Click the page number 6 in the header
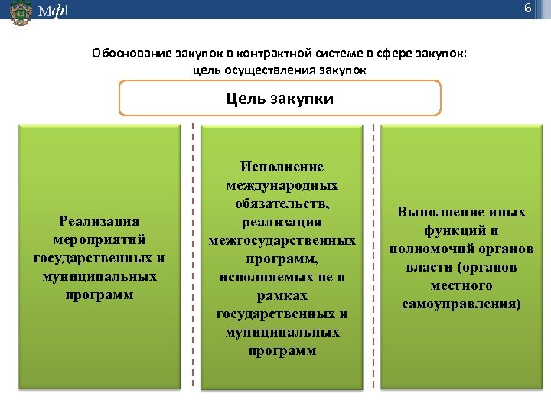[527, 8]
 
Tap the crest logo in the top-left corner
[21, 13]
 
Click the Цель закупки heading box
[280, 99]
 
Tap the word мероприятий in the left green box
[99, 239]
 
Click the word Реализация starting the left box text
[99, 220]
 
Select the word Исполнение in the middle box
[282, 167]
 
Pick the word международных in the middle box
[282, 185]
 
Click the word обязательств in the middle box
[280, 203]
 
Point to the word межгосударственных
[282, 240]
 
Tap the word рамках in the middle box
[282, 295]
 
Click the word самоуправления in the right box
[461, 304]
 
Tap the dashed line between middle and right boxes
[373, 260]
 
